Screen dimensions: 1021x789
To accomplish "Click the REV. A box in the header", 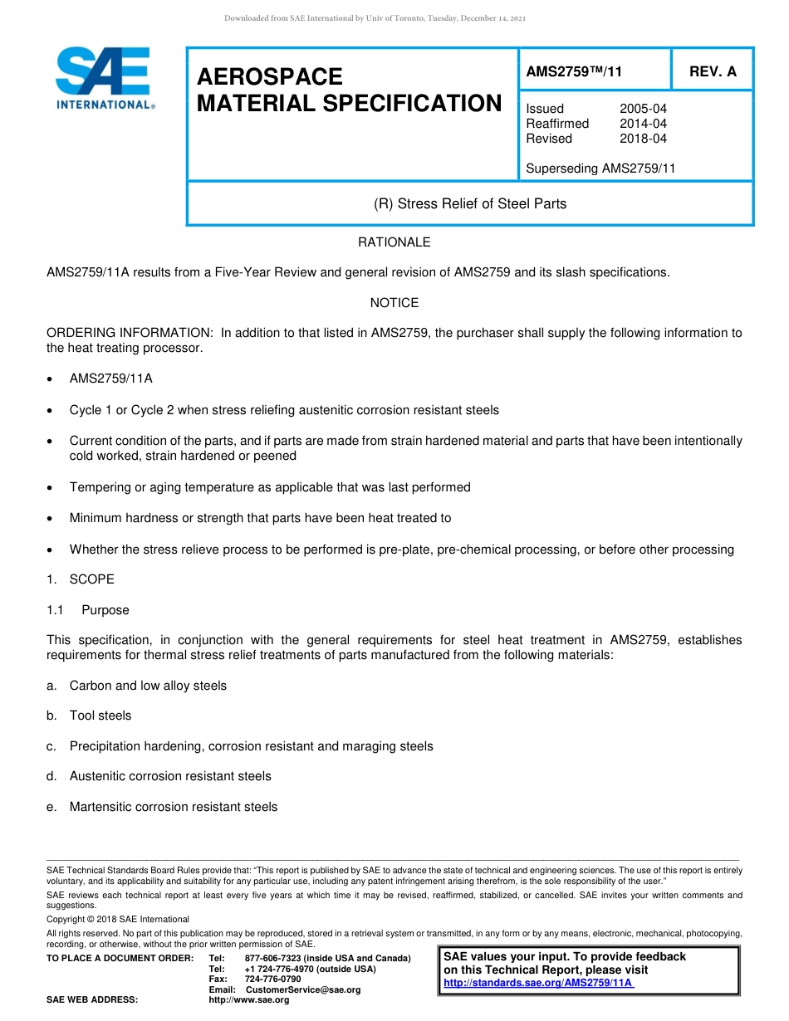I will tap(713, 71).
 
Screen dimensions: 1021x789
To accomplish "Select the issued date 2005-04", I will tap(643, 109).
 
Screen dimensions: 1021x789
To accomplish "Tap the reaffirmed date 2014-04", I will tap(643, 124).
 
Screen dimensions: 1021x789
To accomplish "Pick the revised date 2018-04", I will tap(643, 139).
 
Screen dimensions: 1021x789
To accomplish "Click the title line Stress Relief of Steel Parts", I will tap(470, 203).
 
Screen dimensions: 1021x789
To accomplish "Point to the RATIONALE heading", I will tap(394, 242).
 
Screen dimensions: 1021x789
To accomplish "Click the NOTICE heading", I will tap(394, 303).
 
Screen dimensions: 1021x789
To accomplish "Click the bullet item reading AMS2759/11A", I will tap(111, 379).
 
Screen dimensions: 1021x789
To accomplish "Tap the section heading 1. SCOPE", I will tap(81, 579).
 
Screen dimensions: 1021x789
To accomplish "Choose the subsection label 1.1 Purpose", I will tap(88, 610).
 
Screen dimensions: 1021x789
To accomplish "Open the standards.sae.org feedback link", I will tap(538, 984).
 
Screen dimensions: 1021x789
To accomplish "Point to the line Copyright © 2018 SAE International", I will tap(118, 919).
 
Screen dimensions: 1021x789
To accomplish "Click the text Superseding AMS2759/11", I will tap(600, 169).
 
